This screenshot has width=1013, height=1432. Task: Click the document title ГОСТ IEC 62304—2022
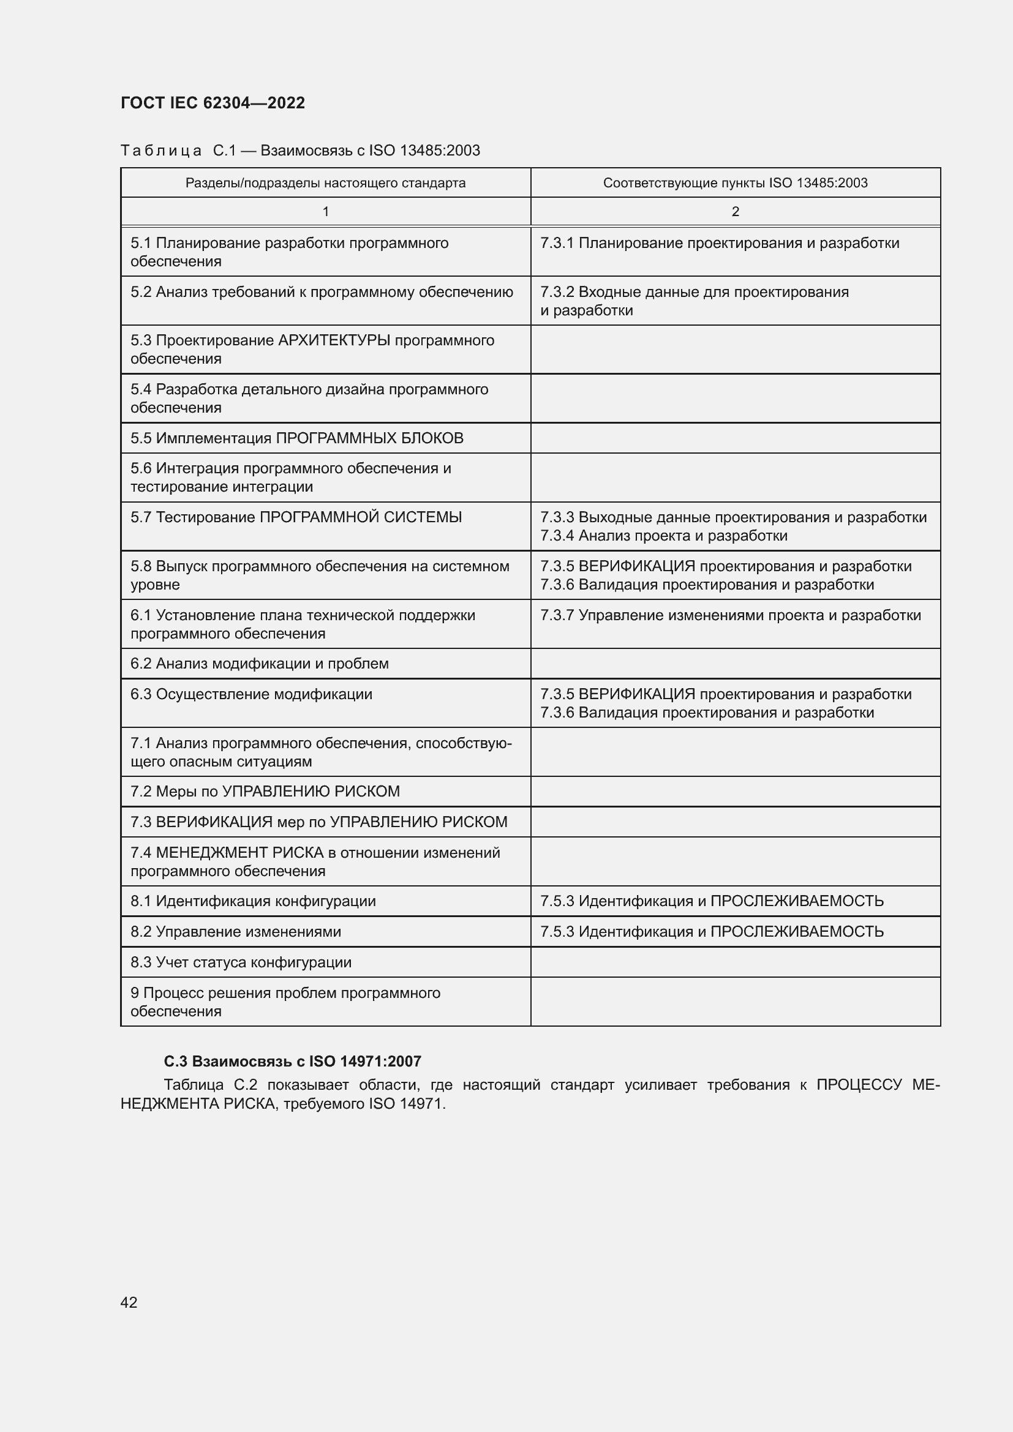click(213, 103)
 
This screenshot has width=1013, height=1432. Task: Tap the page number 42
click(129, 1302)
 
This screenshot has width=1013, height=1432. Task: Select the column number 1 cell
click(325, 211)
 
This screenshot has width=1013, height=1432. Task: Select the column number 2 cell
click(735, 211)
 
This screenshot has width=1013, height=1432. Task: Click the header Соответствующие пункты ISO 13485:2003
click(735, 182)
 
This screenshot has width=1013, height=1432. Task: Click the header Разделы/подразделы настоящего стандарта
click(325, 182)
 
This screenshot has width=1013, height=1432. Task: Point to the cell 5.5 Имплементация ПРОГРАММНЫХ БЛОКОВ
click(297, 438)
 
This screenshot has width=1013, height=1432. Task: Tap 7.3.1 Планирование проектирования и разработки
click(719, 243)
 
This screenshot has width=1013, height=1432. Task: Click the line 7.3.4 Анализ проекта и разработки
click(664, 536)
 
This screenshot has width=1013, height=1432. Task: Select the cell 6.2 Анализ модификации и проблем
click(260, 664)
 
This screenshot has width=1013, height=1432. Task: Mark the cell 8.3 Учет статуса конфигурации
click(241, 962)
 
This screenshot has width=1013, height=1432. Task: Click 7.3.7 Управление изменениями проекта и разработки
click(731, 615)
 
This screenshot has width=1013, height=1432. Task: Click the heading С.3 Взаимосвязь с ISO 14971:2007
click(293, 1061)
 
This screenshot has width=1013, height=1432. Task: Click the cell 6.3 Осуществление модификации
click(251, 694)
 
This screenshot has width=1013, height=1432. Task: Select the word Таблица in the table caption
click(161, 151)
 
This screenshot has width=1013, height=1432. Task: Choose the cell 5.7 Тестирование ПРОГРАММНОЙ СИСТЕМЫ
click(296, 517)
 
